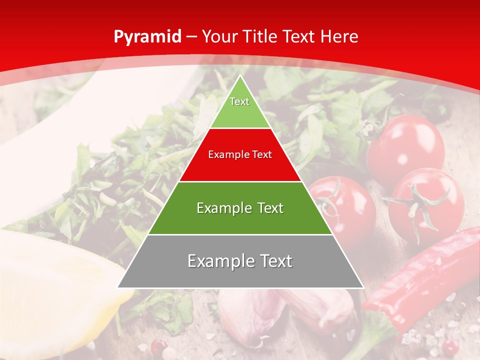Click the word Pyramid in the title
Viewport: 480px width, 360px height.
(x=147, y=37)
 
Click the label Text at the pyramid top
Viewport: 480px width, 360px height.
(x=239, y=101)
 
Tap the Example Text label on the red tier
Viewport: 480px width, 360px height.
(x=240, y=154)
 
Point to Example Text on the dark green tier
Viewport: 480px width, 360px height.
(x=240, y=208)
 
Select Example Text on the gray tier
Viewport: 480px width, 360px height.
(x=240, y=261)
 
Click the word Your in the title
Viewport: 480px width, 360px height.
(x=219, y=36)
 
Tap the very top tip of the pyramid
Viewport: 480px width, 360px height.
(x=240, y=76)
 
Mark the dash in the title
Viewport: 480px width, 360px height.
(x=191, y=37)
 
